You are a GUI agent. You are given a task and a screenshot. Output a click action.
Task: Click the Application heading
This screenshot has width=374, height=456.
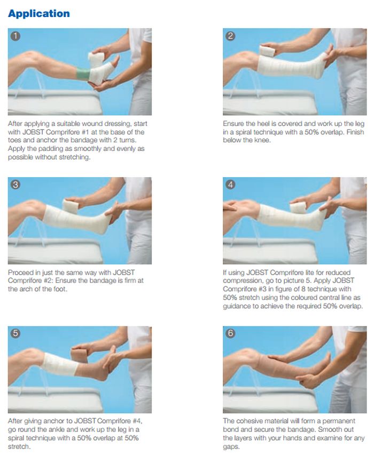point(39,14)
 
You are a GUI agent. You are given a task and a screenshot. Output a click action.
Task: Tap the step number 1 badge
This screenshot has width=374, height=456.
point(15,36)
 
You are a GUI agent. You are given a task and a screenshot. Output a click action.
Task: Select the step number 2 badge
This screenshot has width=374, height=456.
point(230,36)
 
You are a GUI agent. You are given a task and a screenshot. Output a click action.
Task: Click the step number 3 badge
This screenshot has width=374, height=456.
point(15,185)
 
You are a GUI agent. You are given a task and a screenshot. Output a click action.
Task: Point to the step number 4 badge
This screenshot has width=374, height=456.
point(230,185)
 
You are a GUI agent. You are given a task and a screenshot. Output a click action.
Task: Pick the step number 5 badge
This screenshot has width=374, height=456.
point(15,333)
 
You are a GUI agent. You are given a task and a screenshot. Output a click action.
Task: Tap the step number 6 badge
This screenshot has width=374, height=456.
point(230,333)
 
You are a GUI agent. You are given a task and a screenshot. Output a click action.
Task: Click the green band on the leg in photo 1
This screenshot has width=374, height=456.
point(83,74)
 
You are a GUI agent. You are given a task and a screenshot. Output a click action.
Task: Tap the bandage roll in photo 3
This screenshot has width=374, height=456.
point(70,206)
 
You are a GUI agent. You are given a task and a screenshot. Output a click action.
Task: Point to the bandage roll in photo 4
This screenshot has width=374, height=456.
point(297,207)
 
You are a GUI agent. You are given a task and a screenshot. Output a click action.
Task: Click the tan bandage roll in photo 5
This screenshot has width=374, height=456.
point(79,355)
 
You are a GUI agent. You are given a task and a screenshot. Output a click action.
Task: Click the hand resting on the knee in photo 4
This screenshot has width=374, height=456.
point(231,205)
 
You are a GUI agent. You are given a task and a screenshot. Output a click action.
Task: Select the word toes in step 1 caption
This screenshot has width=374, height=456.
point(14,140)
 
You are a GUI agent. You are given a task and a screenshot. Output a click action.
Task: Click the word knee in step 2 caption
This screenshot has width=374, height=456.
point(263,140)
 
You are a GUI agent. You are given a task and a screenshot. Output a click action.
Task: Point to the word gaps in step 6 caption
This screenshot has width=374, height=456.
point(231,447)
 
